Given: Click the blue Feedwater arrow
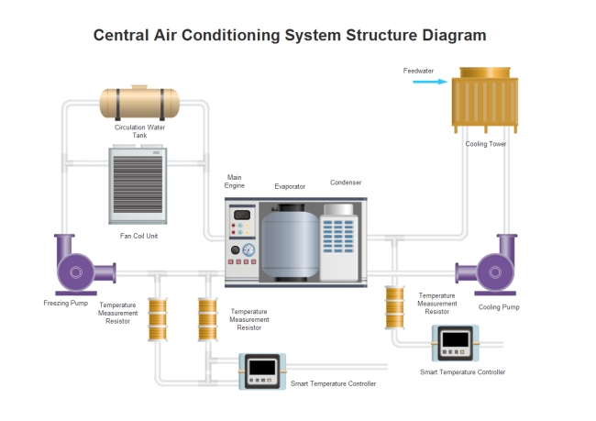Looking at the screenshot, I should point(430,83).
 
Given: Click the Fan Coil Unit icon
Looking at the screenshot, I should point(139,187).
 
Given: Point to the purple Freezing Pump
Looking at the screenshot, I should point(78,268).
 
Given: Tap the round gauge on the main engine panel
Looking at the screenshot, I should point(248,249).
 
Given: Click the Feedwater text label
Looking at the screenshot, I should point(418,71).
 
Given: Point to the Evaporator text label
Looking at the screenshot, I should point(290,186).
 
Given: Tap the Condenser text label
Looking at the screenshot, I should point(346,183).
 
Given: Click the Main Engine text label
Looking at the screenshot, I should point(236,181).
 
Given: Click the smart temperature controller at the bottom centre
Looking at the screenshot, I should point(263,371).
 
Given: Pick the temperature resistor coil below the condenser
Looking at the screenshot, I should point(395,308).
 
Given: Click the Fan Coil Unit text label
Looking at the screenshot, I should point(139,236).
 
